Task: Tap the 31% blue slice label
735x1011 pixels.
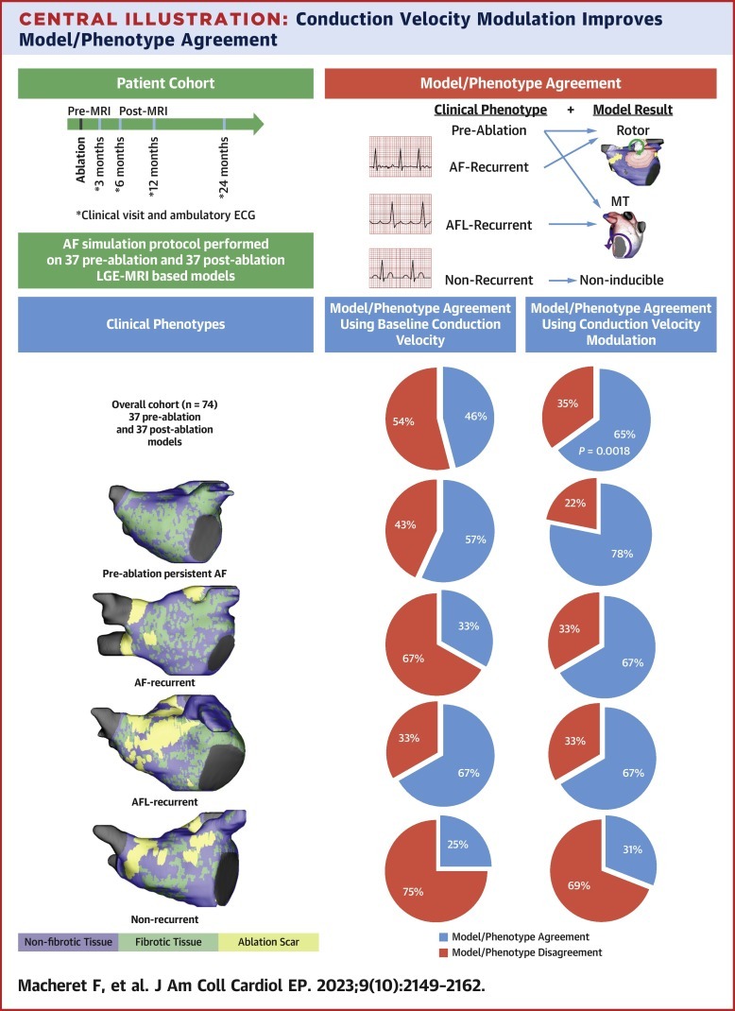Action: coord(632,849)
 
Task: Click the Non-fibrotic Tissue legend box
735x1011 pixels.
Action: coord(68,941)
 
